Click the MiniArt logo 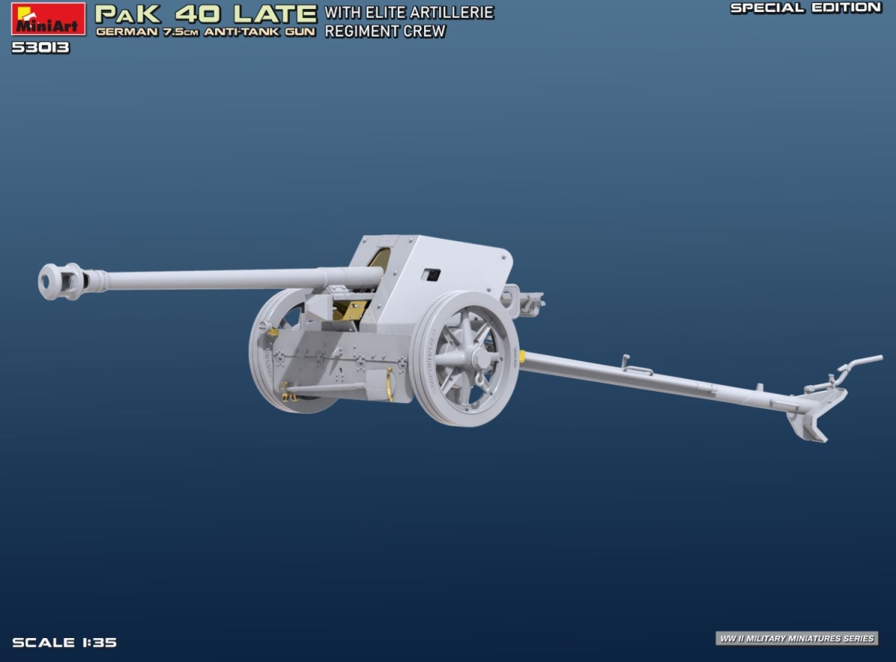coord(49,19)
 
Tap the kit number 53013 coord(41,48)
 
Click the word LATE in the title coord(276,14)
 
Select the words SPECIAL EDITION coord(806,8)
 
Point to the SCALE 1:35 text coord(64,642)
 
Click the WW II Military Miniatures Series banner coord(797,638)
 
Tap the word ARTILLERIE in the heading coord(451,13)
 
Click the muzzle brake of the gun coord(62,281)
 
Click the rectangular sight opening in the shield coord(431,275)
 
